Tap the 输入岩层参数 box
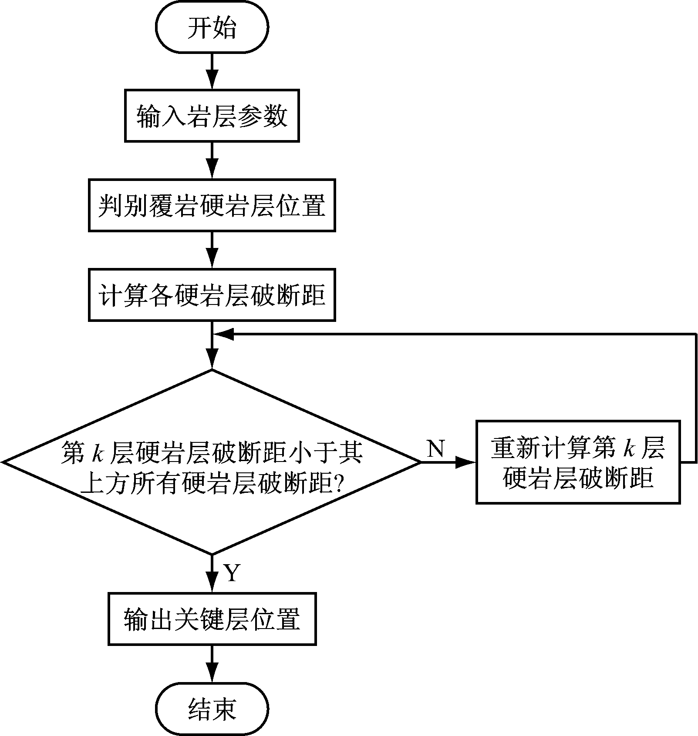pos(212,116)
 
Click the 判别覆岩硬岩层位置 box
pos(212,205)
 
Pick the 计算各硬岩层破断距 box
pos(212,295)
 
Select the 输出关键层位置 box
pos(212,619)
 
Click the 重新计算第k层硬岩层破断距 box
pos(578,462)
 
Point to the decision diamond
pos(212,462)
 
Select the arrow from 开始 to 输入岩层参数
pos(212,72)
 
